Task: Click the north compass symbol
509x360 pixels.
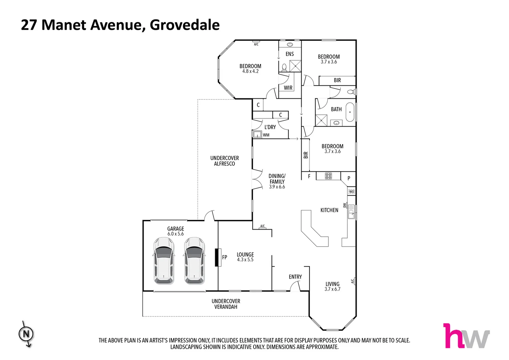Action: (x=26, y=334)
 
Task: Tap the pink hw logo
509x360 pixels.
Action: (x=466, y=336)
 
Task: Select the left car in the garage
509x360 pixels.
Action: (x=164, y=260)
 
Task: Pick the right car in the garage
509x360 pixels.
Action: (x=195, y=260)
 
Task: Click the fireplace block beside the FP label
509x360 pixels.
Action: (x=218, y=257)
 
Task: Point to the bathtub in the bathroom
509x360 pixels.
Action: (x=350, y=112)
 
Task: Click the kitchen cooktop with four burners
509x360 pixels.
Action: (x=328, y=176)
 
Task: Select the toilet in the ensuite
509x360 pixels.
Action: (x=284, y=68)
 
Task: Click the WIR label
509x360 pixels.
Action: (x=288, y=88)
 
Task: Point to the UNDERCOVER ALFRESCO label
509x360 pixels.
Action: (x=225, y=161)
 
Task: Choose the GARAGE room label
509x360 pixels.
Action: (x=176, y=229)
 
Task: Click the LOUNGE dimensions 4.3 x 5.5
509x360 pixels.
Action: (x=245, y=260)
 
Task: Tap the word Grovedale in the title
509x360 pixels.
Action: (x=185, y=25)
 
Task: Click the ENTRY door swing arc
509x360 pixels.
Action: (x=295, y=286)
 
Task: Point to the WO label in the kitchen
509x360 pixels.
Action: (x=351, y=191)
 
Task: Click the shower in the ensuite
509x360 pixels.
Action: (x=295, y=66)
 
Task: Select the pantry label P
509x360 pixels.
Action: (x=349, y=178)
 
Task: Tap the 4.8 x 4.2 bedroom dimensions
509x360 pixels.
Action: (x=251, y=71)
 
